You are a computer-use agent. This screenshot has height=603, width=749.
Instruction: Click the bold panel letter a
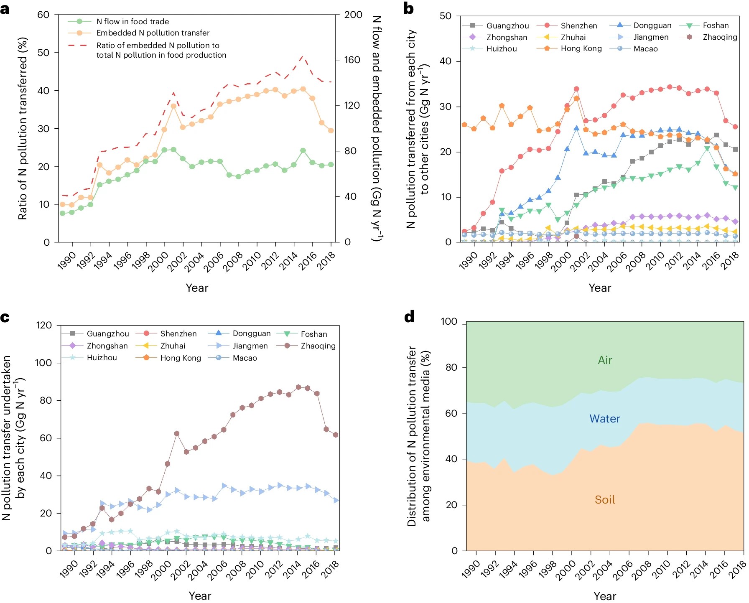[x=5, y=8]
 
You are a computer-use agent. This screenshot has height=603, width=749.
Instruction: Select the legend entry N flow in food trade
[x=132, y=21]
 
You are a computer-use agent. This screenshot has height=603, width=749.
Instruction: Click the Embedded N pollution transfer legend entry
[x=153, y=33]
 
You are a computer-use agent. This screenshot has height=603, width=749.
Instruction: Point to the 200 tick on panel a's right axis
[x=353, y=15]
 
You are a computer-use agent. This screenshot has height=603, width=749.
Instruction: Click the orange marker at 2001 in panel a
[x=173, y=106]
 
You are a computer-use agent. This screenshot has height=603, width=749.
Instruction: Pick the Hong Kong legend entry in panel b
[x=581, y=48]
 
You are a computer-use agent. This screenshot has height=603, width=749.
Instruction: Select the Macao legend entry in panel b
[x=645, y=49]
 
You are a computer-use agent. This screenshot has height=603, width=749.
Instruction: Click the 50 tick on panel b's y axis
[x=446, y=16]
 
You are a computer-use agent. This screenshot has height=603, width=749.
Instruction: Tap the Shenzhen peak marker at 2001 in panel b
[x=576, y=89]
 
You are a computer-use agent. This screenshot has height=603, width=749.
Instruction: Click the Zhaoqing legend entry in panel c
[x=318, y=346]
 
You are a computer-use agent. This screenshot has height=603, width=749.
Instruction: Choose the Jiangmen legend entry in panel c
[x=250, y=346]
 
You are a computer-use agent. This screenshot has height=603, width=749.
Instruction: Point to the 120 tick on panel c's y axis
[x=44, y=325]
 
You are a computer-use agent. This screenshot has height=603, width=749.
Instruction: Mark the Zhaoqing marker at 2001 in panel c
[x=177, y=434]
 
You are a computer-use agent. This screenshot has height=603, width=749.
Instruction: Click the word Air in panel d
[x=605, y=360]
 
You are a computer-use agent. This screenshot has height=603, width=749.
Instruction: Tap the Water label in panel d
[x=604, y=419]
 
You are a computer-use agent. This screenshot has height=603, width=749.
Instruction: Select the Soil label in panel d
[x=605, y=500]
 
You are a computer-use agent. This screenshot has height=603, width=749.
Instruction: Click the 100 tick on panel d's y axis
[x=449, y=322]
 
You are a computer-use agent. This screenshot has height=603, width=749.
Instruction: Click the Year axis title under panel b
[x=600, y=288]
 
